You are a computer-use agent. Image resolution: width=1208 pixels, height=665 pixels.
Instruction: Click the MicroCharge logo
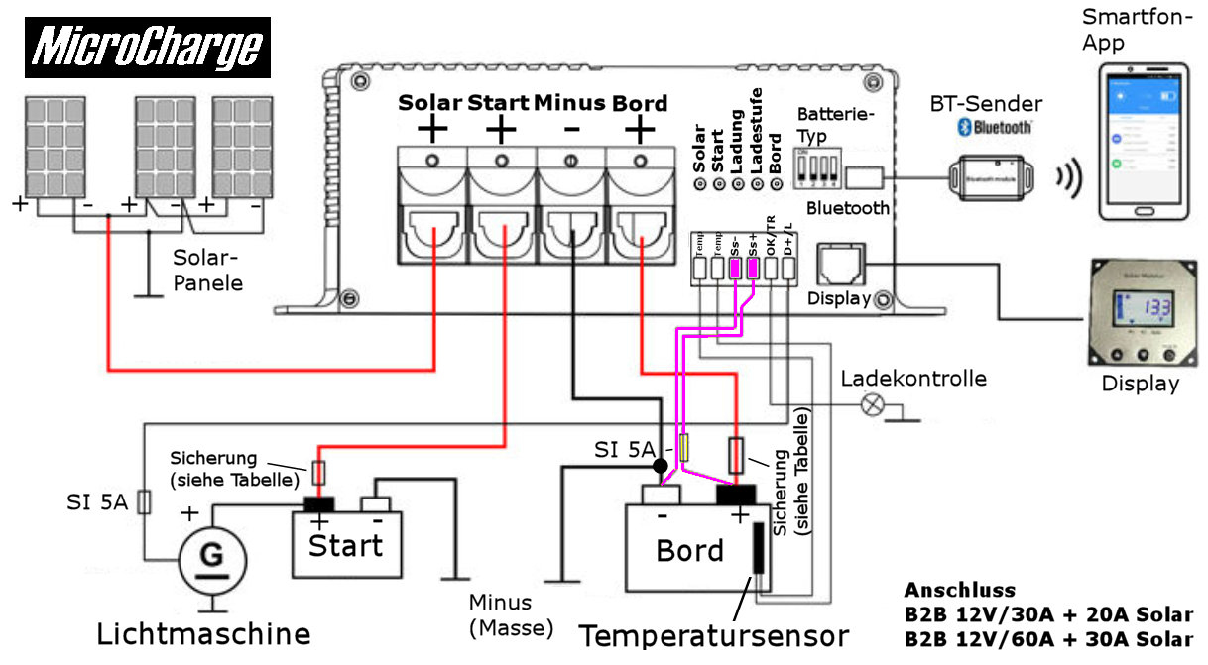point(147,47)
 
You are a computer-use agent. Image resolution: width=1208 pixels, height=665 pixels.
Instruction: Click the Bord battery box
point(689,548)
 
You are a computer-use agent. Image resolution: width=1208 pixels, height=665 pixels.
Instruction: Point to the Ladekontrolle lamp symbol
point(874,403)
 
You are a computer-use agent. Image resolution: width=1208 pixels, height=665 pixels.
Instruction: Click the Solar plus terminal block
point(431,204)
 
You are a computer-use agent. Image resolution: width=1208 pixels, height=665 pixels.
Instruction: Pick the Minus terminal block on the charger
point(571,204)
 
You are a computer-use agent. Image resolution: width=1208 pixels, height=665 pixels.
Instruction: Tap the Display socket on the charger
point(839,266)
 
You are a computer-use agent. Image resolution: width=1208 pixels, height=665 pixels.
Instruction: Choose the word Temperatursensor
point(714,635)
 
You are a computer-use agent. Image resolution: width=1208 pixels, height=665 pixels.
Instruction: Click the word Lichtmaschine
point(203,633)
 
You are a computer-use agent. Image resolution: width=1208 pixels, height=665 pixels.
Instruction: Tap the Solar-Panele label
point(206,270)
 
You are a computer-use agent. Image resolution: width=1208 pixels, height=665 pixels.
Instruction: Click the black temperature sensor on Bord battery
point(759,549)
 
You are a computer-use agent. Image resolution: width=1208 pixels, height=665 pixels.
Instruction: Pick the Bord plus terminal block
point(640,204)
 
